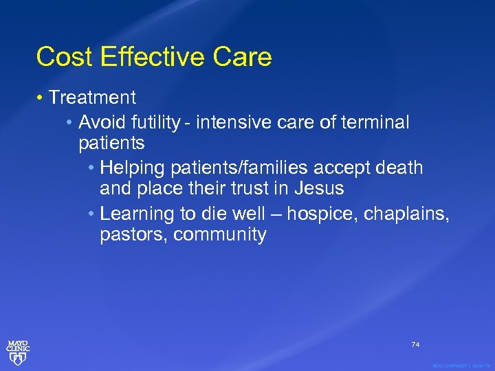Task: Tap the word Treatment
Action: [x=92, y=98]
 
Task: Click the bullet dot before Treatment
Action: [x=41, y=98]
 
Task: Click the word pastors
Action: [x=133, y=235]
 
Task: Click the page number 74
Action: [x=415, y=344]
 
